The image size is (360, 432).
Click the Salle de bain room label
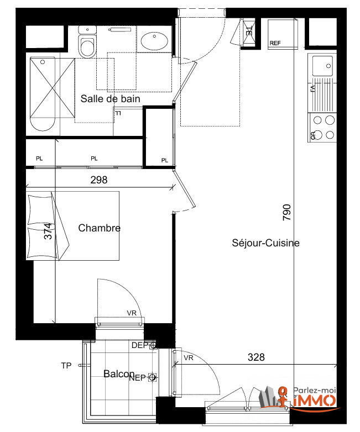point(110,99)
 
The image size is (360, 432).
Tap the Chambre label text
point(99,228)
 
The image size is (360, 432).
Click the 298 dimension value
point(98,180)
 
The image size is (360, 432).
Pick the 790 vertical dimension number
point(286,213)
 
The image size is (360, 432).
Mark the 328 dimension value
point(255,357)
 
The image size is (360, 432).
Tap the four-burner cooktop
point(323,127)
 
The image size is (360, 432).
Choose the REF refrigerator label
point(275,43)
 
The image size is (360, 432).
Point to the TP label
point(66,366)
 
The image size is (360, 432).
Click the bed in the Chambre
point(74,226)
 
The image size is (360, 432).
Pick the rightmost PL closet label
point(165,160)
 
